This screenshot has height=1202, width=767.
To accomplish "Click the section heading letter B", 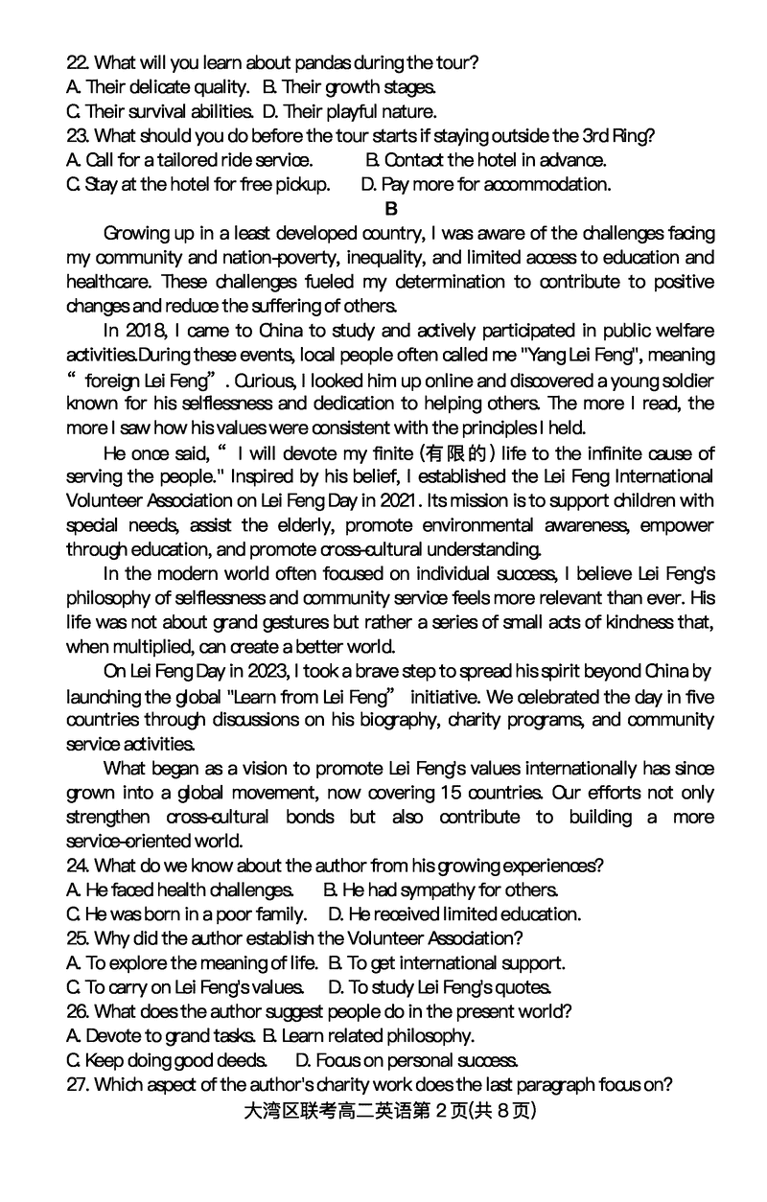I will pyautogui.click(x=390, y=208).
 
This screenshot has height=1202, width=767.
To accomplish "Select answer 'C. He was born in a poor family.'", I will pyautogui.click(x=187, y=914).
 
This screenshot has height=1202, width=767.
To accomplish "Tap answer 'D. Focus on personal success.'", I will pyautogui.click(x=407, y=1060).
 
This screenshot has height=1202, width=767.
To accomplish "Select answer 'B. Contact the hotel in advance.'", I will pyautogui.click(x=486, y=160).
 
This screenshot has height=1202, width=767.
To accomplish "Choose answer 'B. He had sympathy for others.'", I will pyautogui.click(x=441, y=890).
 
